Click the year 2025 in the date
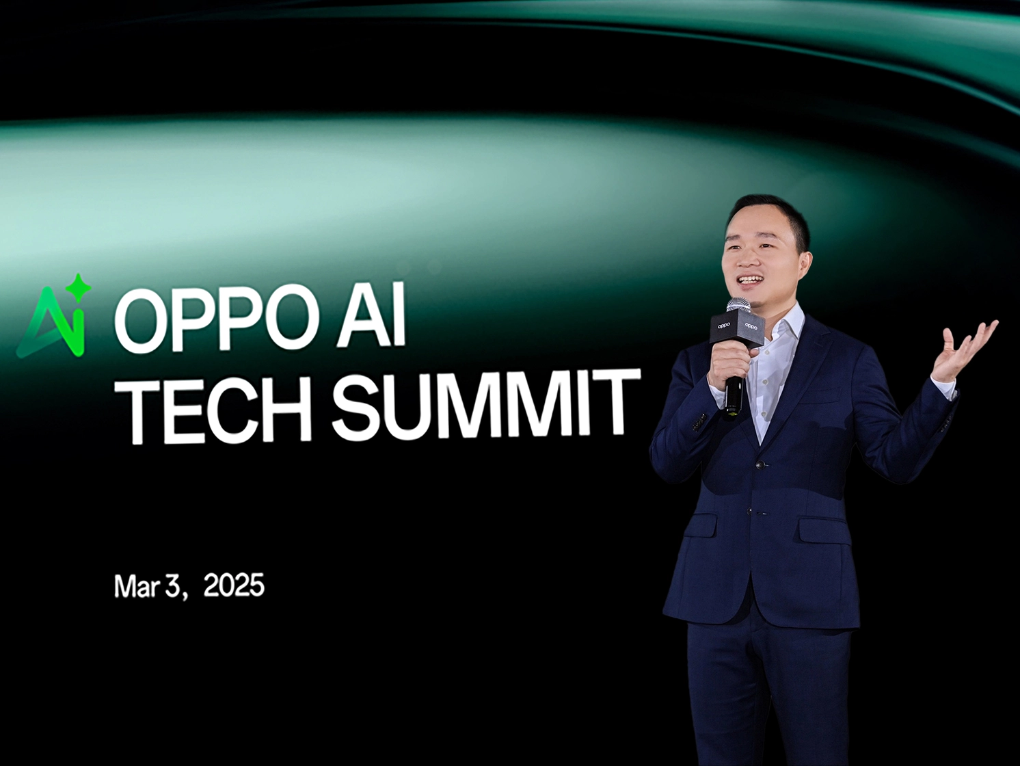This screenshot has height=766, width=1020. click(233, 586)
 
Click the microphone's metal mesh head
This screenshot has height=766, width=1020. click(738, 306)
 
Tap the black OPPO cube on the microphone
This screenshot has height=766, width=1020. click(737, 328)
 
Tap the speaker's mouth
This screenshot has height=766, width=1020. click(749, 280)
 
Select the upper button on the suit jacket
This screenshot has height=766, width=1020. click(758, 465)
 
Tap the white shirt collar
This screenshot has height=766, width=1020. click(786, 328)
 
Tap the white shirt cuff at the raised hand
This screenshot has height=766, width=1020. click(943, 388)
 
